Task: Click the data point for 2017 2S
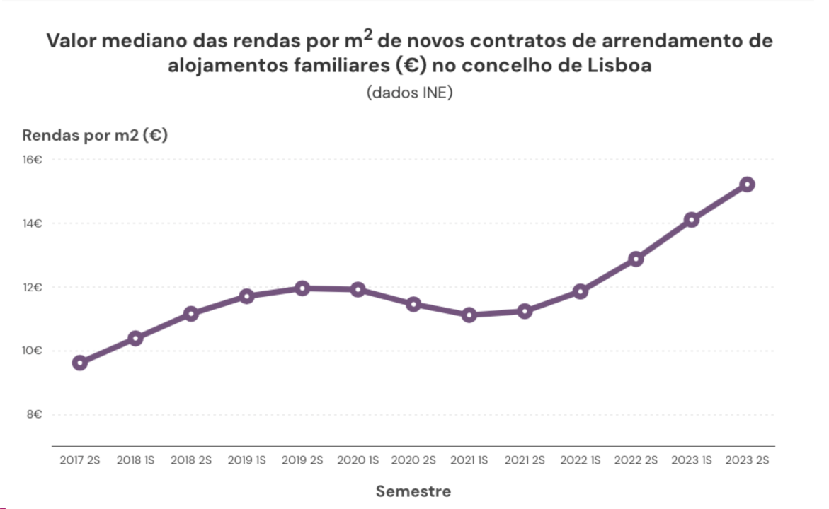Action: click(80, 363)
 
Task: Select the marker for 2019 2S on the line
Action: click(302, 288)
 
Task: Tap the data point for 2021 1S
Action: click(469, 315)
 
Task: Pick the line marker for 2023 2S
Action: click(746, 185)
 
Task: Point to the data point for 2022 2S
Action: click(636, 259)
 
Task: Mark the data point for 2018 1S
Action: click(135, 339)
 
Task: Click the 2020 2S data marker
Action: click(413, 304)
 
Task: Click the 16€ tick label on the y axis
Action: click(33, 160)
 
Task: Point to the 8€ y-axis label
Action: click(34, 415)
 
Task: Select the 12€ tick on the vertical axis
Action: click(33, 288)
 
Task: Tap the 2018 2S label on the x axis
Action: click(191, 460)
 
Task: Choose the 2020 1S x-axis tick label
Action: click(358, 460)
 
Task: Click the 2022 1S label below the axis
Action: click(580, 460)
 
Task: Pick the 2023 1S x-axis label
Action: click(691, 460)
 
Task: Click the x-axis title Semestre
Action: click(413, 491)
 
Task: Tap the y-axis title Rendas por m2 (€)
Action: click(95, 136)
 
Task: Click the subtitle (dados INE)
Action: click(409, 93)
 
